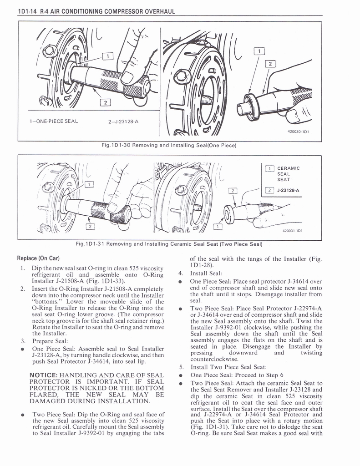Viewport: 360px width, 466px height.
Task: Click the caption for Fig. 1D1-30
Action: pos(170,146)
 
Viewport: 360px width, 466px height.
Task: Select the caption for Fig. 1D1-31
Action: pos(170,243)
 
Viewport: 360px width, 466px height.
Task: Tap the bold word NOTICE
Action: pos(42,375)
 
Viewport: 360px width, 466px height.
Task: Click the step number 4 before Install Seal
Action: pos(181,274)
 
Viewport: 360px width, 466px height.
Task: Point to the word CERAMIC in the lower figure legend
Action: pos(289,168)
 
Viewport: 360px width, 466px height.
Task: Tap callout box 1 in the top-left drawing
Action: pos(107,56)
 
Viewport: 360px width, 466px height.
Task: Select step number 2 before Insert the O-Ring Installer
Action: pos(22,289)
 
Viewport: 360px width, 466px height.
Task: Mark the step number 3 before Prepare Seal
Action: pos(22,340)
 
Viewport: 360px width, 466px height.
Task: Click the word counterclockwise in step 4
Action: pos(211,359)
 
